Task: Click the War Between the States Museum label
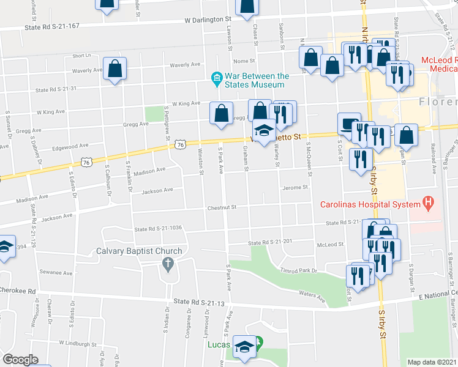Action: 257,80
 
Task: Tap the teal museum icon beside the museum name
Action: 216,76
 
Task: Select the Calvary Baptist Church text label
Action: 139,251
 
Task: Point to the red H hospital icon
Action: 429,203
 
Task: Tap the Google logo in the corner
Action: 21,359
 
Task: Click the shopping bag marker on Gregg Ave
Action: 221,114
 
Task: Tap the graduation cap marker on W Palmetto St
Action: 264,131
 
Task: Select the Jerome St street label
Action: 293,188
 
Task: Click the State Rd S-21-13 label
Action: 200,302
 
